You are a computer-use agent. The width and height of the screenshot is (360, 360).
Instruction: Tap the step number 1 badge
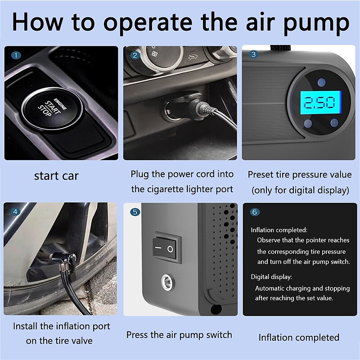click(16, 55)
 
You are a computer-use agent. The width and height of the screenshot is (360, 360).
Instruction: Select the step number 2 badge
click(135, 55)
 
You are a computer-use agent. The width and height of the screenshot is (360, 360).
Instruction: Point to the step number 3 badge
click(253, 54)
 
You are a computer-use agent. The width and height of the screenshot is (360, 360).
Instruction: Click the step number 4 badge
click(15, 211)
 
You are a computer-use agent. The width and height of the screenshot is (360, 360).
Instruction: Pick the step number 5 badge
click(135, 212)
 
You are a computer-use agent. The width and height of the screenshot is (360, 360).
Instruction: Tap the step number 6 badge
click(255, 212)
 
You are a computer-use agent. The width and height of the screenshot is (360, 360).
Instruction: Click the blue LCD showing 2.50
click(321, 103)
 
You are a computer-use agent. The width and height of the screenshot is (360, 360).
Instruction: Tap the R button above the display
click(321, 82)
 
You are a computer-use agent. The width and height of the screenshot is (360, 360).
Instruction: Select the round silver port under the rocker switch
click(167, 282)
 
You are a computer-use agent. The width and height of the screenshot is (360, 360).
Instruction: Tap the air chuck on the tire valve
click(63, 262)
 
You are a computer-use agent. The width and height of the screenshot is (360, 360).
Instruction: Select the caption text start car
click(56, 176)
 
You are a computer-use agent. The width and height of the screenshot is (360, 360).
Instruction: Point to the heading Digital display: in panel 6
click(271, 277)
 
